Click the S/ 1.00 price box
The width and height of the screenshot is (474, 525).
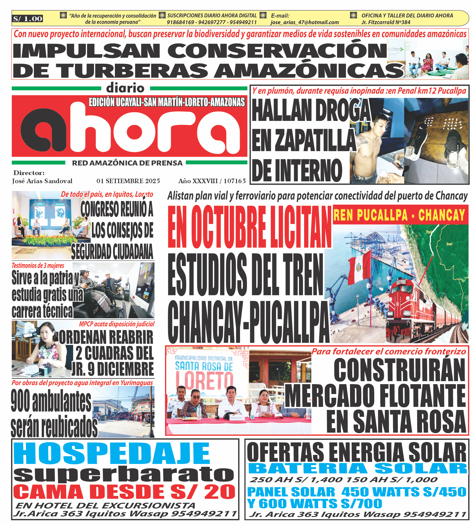(28, 19)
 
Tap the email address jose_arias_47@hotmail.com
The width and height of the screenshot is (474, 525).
(304, 22)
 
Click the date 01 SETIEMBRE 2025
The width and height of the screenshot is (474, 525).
(128, 181)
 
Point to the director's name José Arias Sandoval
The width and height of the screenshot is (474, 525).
(42, 181)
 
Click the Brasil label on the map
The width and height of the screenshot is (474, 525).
(449, 244)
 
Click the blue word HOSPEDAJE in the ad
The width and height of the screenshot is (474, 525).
(112, 453)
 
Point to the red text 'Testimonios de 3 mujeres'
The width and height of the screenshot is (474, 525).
(38, 266)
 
